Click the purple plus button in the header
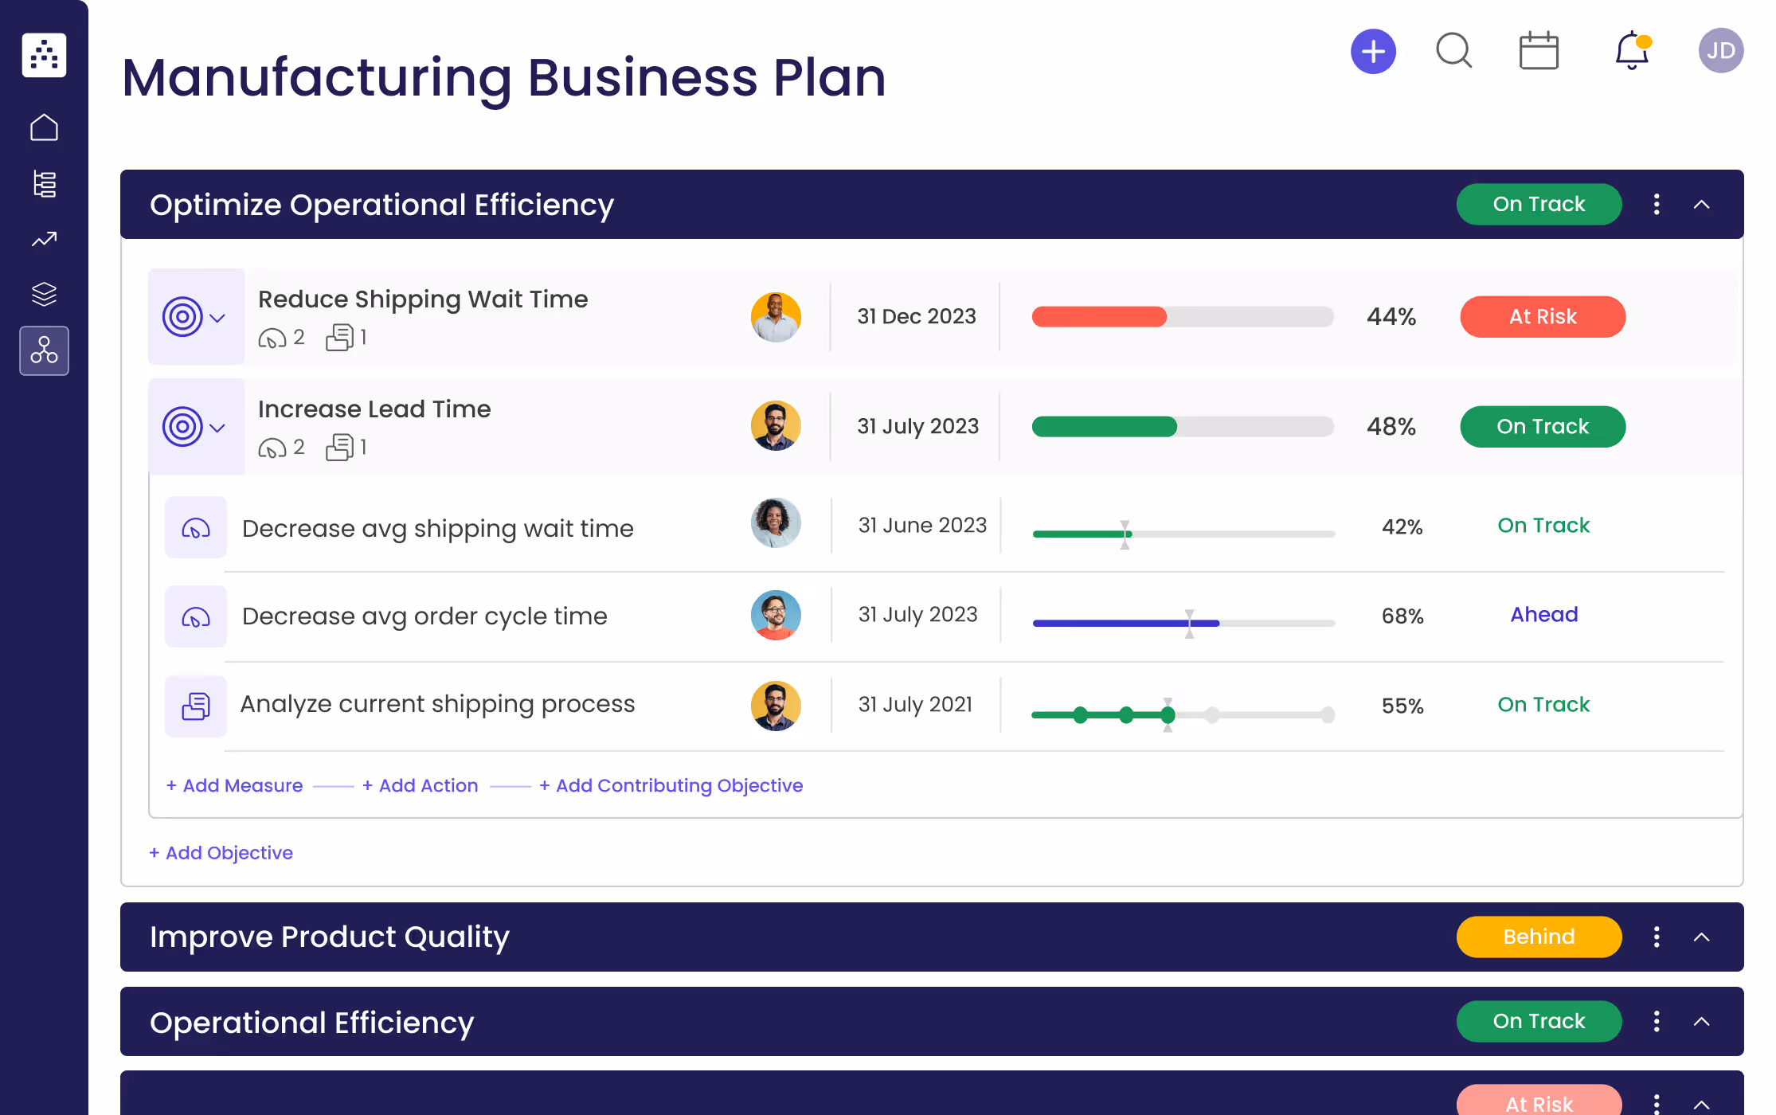(1373, 52)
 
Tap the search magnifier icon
(1453, 51)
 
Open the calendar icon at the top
(1539, 52)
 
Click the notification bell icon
(1632, 52)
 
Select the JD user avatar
(1720, 51)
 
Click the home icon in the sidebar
(44, 127)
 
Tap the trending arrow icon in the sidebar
(44, 239)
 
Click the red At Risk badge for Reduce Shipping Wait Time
(1542, 317)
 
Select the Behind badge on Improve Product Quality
(1539, 937)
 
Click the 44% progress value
(1391, 317)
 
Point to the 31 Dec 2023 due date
(916, 317)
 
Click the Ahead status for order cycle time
(1543, 615)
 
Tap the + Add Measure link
(235, 785)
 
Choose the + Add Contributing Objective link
(671, 785)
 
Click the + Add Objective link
(221, 853)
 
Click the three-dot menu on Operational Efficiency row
(1657, 1022)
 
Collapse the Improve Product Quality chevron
(1701, 937)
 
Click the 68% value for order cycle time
(1402, 616)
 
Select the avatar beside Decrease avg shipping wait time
(776, 523)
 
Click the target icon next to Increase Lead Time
(182, 428)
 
